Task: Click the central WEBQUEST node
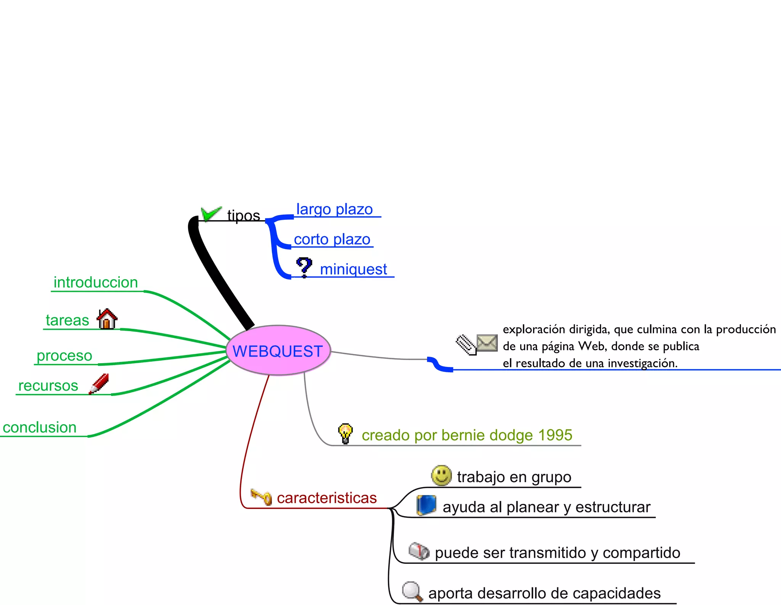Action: coord(278,351)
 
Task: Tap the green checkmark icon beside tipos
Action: coord(211,214)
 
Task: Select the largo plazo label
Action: coord(334,209)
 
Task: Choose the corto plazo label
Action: coord(332,240)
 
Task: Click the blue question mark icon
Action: coord(304,267)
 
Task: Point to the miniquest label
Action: coord(354,269)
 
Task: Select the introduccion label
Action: coord(96,283)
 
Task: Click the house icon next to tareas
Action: coord(107,319)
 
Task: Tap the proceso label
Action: coord(64,356)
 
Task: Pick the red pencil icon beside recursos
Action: coord(99,384)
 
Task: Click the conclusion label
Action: coord(40,428)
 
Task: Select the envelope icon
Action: coord(487,343)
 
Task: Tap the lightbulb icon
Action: coord(345,433)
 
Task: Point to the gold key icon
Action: coord(261,497)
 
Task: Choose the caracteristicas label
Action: coord(327,498)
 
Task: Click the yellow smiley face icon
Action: coord(441,475)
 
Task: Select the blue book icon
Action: coord(426,505)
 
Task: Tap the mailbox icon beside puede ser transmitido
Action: coord(419,551)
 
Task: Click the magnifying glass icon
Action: coord(412,592)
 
